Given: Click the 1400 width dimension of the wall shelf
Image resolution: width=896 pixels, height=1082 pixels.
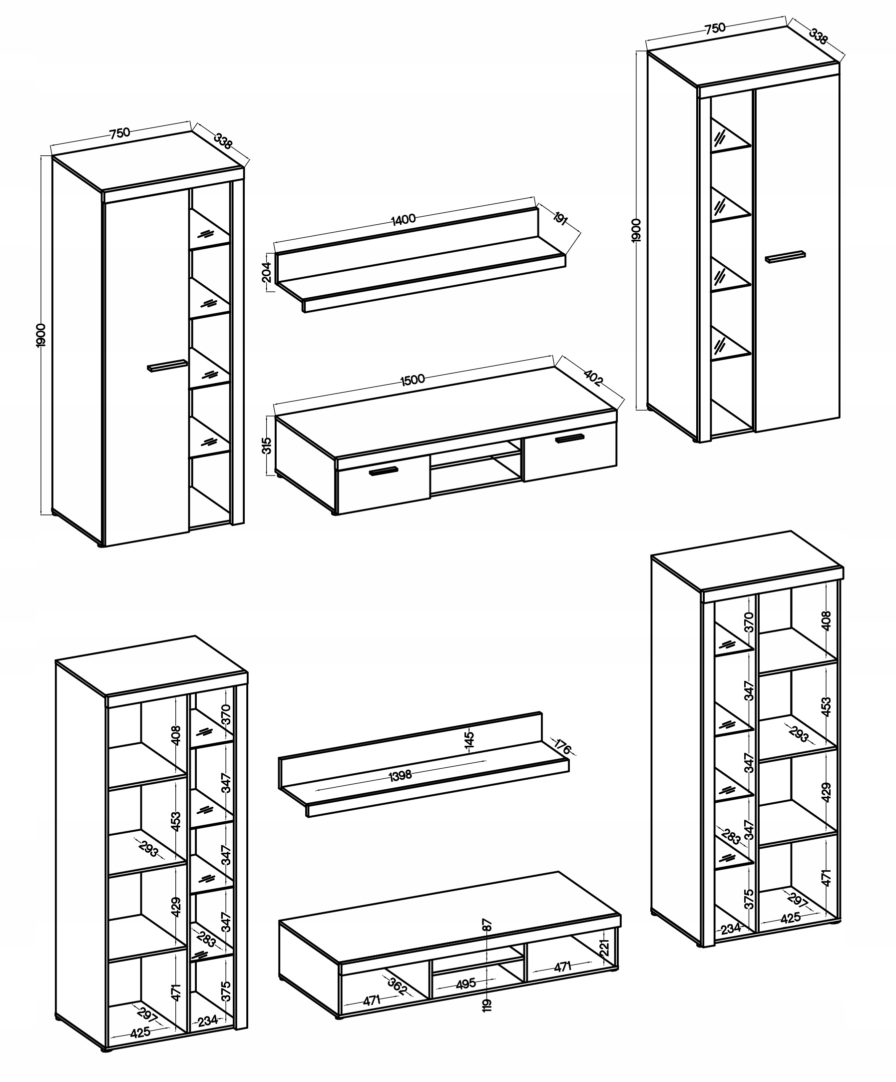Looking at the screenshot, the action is click(x=404, y=219).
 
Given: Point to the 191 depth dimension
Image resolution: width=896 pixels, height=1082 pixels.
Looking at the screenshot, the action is click(x=560, y=218).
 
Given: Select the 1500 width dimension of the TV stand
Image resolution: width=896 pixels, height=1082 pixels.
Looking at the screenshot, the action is click(x=413, y=379).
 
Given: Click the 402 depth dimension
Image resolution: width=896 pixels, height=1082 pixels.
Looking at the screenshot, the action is click(x=593, y=377).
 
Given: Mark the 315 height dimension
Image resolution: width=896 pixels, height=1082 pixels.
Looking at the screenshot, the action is click(x=266, y=446).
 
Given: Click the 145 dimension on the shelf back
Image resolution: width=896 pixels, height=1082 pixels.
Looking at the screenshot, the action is click(x=469, y=739).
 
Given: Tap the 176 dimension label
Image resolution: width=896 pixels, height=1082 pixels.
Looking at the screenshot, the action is click(x=563, y=747).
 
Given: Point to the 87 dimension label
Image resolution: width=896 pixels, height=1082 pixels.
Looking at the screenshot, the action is click(x=487, y=925).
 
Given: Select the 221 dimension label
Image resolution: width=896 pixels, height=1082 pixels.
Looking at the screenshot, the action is click(x=605, y=947).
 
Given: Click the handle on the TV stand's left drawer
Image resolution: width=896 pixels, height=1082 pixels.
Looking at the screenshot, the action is click(x=384, y=471).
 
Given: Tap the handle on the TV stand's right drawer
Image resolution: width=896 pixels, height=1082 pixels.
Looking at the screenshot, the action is click(x=570, y=438).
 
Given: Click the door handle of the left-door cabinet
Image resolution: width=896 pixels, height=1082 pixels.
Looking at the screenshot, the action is click(x=167, y=365).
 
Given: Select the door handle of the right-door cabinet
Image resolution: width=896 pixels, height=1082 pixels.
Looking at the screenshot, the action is click(x=785, y=257).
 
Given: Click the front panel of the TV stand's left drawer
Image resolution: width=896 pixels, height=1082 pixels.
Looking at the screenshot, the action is click(x=384, y=485).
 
